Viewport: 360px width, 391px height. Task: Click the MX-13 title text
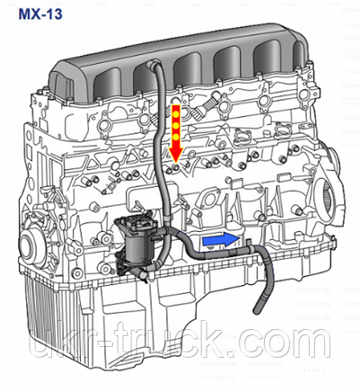pyautogui.click(x=40, y=14)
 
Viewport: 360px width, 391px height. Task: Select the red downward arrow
pyautogui.click(x=176, y=134)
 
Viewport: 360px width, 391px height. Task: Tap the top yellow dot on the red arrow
pyautogui.click(x=176, y=113)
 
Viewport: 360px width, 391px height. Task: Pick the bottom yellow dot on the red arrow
pyautogui.click(x=176, y=137)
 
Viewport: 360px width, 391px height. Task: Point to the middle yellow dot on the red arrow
pyautogui.click(x=176, y=125)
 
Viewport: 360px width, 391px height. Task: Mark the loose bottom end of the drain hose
pyautogui.click(x=257, y=312)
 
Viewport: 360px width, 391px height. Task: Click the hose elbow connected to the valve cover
pyautogui.click(x=152, y=65)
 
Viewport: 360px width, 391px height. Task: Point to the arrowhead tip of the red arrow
pyautogui.click(x=176, y=163)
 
